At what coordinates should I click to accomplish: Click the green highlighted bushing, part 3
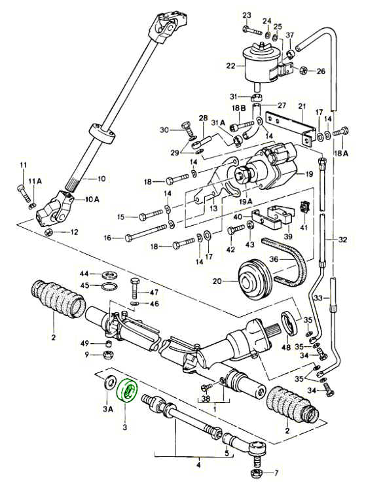(x=126, y=391)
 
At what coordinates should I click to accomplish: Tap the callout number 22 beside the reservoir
(x=231, y=66)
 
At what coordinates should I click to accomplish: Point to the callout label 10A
(x=92, y=200)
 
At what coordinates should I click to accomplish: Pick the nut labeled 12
(x=48, y=232)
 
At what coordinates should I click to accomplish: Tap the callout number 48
(x=286, y=348)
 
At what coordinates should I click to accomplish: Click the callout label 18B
(x=239, y=108)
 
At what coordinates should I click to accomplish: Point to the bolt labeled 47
(x=135, y=288)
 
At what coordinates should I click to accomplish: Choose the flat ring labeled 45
(x=110, y=287)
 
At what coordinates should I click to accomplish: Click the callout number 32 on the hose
(x=343, y=240)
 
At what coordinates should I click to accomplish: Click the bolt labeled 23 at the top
(x=251, y=30)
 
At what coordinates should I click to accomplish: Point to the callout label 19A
(x=246, y=202)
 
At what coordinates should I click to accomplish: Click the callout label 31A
(x=219, y=123)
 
